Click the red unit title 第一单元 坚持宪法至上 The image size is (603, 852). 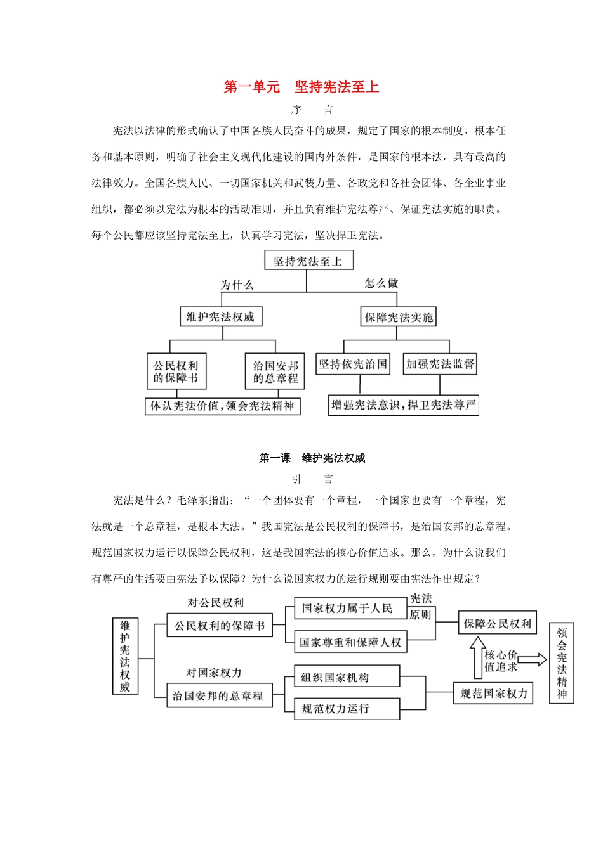tap(301, 87)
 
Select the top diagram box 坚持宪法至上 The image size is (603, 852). tap(308, 261)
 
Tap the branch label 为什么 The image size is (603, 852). tap(237, 285)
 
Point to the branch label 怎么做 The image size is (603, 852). tap(381, 283)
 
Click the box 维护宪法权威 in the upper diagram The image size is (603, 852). tap(220, 317)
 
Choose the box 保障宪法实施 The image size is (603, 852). tap(399, 317)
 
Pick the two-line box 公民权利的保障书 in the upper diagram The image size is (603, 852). tap(176, 371)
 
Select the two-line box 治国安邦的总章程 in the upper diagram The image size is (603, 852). tap(275, 371)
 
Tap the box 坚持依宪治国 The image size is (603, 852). tap(352, 364)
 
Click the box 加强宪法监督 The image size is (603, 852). tap(440, 364)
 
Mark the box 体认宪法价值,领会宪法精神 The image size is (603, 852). tap(222, 406)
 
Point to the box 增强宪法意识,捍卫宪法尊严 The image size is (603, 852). tap(404, 405)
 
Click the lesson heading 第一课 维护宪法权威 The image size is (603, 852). tap(312, 458)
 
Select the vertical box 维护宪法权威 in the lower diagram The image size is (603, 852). tap(125, 655)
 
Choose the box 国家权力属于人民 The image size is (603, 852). tap(347, 609)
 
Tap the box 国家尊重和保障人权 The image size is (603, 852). tap(350, 642)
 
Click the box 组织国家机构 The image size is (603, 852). tap(347, 677)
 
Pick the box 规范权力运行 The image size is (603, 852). tap(347, 709)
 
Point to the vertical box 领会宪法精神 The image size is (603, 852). tap(562, 662)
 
